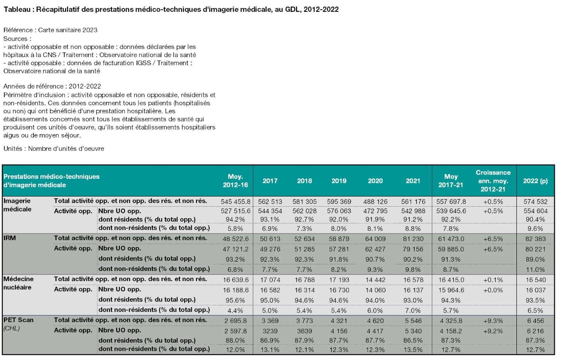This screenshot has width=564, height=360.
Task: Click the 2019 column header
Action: [x=339, y=181]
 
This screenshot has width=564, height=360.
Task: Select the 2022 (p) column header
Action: [x=535, y=181]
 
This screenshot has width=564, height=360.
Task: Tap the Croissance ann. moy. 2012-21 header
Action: [x=493, y=181]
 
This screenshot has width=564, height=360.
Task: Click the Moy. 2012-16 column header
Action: [x=235, y=181]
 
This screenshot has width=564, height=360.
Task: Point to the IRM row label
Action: [x=10, y=238]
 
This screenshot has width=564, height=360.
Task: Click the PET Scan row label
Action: [x=19, y=320]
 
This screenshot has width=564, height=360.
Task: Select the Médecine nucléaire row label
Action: [x=19, y=283]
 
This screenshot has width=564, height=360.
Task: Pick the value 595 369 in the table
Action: [x=339, y=202]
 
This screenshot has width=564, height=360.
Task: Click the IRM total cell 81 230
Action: [x=413, y=239]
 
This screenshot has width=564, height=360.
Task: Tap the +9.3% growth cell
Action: [x=493, y=321]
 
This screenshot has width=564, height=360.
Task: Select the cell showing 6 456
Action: [x=535, y=321]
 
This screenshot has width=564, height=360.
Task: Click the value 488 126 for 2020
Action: [x=375, y=202]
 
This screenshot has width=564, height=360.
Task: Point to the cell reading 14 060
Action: [x=375, y=290]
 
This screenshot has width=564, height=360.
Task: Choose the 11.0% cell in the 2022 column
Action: [x=535, y=270]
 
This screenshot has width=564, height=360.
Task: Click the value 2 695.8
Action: [x=235, y=321]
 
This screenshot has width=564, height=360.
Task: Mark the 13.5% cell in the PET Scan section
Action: [x=413, y=350]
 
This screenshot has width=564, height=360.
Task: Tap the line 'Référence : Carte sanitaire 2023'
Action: [x=50, y=30]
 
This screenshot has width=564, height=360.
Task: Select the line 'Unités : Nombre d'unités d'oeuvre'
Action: [x=54, y=148]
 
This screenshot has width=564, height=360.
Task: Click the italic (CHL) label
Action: [x=11, y=329]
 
